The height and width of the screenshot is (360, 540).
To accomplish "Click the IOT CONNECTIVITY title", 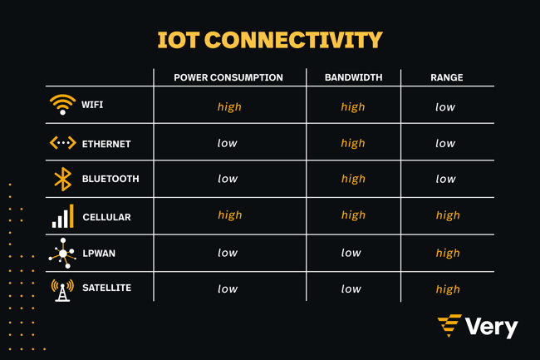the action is [270, 40].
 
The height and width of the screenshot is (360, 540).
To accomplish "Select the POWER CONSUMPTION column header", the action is [228, 77].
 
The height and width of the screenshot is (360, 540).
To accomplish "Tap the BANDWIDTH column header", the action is [353, 77].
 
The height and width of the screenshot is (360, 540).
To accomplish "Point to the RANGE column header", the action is [447, 77].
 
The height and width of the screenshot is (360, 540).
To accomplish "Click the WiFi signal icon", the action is [62, 105].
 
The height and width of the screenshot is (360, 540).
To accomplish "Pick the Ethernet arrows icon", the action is [62, 143].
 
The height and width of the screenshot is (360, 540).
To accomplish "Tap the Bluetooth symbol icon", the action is [62, 179].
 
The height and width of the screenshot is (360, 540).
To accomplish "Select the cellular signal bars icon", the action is [62, 216].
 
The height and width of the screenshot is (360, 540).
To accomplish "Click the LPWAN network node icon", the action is [62, 254].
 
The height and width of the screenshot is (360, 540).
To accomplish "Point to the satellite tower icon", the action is [62, 290].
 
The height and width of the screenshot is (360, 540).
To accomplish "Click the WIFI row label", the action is [92, 105].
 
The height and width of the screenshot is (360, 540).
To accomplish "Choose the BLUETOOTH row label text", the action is [110, 179].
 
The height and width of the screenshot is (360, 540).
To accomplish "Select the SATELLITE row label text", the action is [107, 288].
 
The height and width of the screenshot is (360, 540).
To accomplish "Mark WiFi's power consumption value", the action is [229, 106].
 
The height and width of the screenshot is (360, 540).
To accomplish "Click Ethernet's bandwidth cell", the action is [353, 143].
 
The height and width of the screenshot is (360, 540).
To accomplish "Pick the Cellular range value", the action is [448, 215].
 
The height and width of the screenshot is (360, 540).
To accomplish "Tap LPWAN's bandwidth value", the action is [351, 253].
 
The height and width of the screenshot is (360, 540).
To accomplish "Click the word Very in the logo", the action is [492, 327].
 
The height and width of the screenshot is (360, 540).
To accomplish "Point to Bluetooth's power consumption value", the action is [228, 179].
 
